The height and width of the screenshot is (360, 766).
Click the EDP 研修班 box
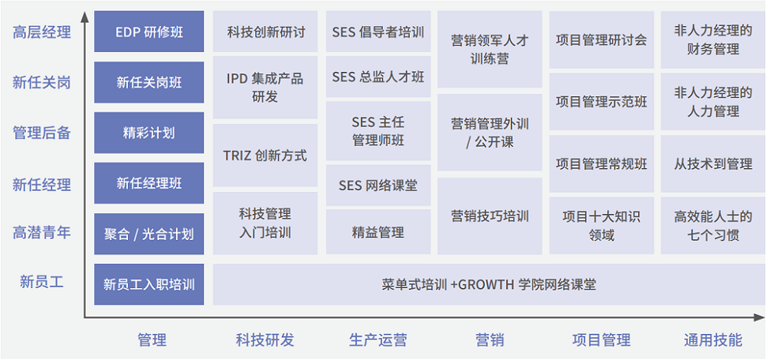[149, 32]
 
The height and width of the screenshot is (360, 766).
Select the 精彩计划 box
[149, 133]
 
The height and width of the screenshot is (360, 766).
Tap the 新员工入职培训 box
[149, 284]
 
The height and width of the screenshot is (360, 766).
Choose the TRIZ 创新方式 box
[265, 156]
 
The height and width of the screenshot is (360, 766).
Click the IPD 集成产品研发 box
[265, 88]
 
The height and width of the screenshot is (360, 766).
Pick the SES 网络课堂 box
[378, 186]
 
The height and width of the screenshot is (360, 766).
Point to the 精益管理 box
[378, 232]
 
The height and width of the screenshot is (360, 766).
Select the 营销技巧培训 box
[490, 216]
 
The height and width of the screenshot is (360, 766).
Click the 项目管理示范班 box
[602, 102]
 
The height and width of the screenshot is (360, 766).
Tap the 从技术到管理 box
[713, 163]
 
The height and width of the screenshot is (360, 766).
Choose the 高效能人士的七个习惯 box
[713, 226]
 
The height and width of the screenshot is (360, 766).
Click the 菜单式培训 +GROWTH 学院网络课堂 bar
[489, 284]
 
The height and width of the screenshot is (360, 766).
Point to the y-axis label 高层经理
[42, 32]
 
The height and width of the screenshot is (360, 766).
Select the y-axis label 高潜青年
[42, 232]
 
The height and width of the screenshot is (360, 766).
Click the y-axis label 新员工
[42, 282]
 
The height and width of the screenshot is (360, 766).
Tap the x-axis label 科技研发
[265, 339]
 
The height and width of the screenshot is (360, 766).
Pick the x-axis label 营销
[490, 339]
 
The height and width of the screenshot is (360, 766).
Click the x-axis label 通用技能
[713, 339]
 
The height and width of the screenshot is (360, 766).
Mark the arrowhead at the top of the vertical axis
[85, 16]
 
